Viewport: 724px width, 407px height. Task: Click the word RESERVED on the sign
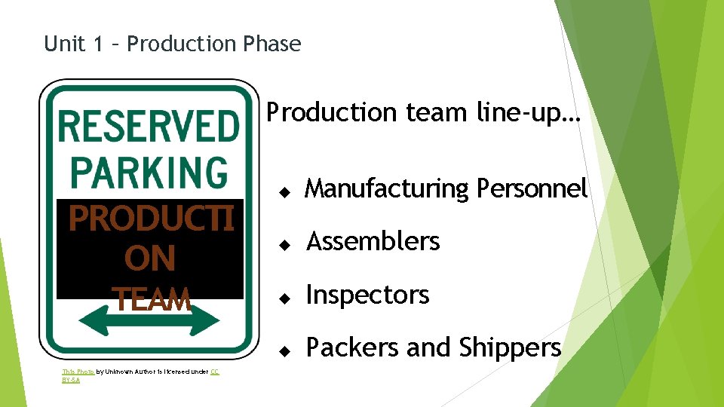(149, 126)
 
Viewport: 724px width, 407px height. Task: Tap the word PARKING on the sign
(149, 172)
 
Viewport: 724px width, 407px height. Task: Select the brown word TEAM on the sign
(151, 300)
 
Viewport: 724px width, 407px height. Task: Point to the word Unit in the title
(63, 44)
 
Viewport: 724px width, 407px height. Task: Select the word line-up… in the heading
(529, 113)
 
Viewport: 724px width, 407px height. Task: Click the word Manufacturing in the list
(387, 189)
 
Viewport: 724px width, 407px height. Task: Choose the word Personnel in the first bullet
(532, 188)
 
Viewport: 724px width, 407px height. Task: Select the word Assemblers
(373, 242)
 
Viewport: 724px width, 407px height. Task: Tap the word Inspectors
(367, 295)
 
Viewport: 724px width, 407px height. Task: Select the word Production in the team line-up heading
(332, 113)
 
